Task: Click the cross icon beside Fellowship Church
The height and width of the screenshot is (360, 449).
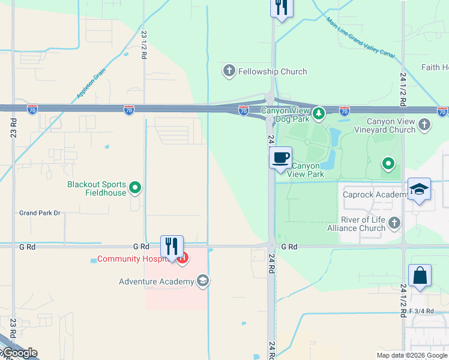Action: pos(229,71)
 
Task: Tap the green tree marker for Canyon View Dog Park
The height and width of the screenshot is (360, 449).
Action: pos(318,112)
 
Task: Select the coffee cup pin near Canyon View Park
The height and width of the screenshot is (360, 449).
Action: pos(280,158)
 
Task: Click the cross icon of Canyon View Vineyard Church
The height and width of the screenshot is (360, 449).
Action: pos(424,125)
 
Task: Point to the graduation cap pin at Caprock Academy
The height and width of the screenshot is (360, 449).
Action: pos(420,190)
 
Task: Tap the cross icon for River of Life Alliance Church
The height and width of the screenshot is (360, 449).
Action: pos(394,223)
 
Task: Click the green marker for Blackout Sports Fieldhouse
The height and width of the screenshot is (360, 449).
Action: pos(136,188)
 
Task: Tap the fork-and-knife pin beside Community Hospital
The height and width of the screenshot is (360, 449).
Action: pos(172,247)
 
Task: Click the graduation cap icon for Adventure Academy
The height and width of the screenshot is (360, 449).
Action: pos(203,281)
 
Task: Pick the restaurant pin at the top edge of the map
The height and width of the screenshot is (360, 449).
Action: pos(280,8)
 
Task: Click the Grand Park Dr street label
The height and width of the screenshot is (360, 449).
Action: pos(40,213)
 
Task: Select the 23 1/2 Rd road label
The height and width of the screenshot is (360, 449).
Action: pos(144,44)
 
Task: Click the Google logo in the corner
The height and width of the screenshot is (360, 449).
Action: pos(19,353)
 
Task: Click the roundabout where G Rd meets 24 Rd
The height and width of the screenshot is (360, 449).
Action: pos(271,246)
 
